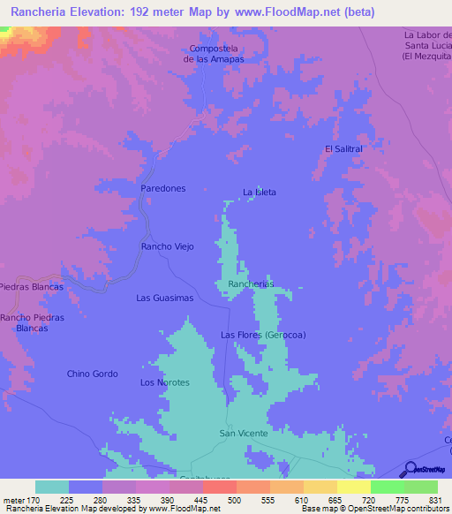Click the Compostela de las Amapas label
pyautogui.click(x=213, y=53)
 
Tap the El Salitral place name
pyautogui.click(x=343, y=149)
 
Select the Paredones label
pyautogui.click(x=163, y=189)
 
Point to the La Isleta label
pyautogui.click(x=260, y=192)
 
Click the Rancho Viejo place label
pyautogui.click(x=167, y=246)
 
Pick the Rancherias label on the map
pyautogui.click(x=251, y=283)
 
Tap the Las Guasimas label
pyautogui.click(x=164, y=299)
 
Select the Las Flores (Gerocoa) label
pyautogui.click(x=263, y=335)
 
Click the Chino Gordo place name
pyautogui.click(x=92, y=374)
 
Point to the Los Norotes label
pyautogui.click(x=165, y=382)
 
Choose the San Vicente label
pyautogui.click(x=243, y=434)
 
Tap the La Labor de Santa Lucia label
pyautogui.click(x=427, y=45)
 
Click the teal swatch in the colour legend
pyautogui.click(x=52, y=487)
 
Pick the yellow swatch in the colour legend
pyautogui.click(x=354, y=487)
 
